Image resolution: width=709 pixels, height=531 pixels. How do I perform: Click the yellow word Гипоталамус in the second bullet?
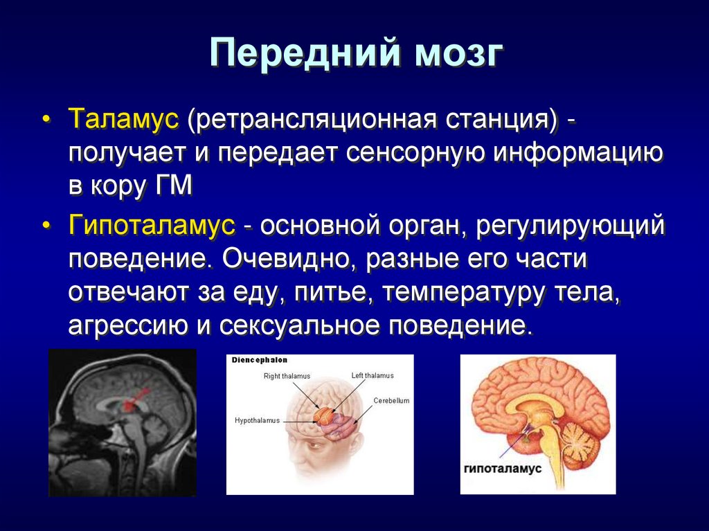[152, 225]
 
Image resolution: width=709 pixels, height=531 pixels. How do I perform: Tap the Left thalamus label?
[372, 375]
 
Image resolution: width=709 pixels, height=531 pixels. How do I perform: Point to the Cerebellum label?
[391, 400]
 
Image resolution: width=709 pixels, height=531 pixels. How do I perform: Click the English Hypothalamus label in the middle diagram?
[256, 420]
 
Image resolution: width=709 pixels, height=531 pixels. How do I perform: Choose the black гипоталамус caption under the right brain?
[502, 469]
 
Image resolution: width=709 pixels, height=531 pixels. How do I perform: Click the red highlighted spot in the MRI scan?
[129, 404]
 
